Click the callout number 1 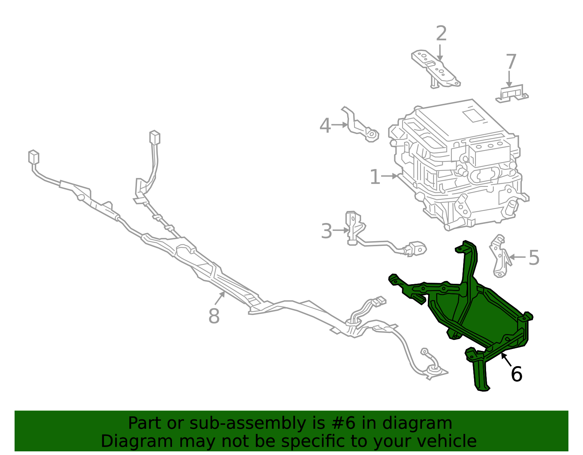click(375, 177)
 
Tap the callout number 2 click(441, 34)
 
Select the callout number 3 click(326, 231)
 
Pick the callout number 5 click(534, 258)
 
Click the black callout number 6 click(517, 374)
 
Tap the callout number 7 click(511, 62)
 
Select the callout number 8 click(214, 316)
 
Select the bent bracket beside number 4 click(359, 126)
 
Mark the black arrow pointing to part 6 click(506, 359)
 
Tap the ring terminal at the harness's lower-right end click(425, 352)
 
